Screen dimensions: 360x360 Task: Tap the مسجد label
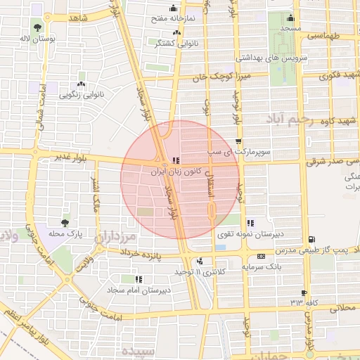click(x=290, y=28)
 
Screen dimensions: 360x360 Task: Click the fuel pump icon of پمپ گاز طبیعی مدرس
click(x=311, y=240)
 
